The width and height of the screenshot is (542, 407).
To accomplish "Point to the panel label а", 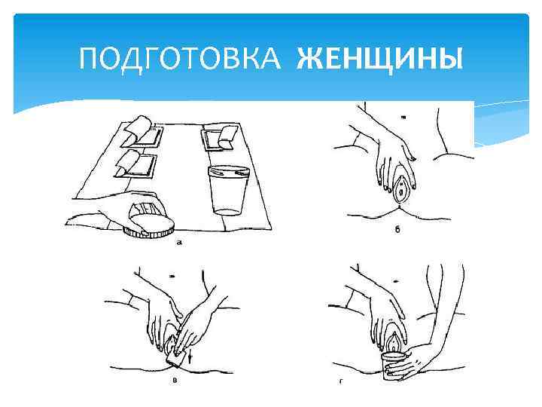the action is tap(178, 243).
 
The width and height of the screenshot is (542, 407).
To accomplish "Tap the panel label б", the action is tap(397, 229).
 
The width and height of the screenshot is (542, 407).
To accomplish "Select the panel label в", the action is tap(175, 381).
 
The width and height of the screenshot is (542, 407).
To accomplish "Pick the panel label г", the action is tap(341, 381).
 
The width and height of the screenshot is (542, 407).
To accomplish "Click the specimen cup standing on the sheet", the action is tap(229, 191).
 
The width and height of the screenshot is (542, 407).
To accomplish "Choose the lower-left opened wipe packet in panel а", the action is tap(135, 164).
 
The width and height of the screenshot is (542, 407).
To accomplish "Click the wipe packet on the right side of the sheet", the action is tap(219, 138).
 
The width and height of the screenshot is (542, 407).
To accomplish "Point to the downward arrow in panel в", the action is tap(190, 357).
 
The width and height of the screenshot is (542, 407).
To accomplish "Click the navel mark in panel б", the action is tap(403, 118).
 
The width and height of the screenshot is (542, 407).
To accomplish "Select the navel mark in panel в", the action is tap(172, 277).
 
